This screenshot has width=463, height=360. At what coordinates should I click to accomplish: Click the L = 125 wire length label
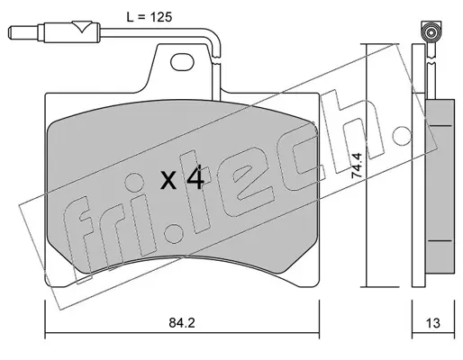click(x=150, y=17)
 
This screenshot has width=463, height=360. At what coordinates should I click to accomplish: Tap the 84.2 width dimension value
click(x=182, y=323)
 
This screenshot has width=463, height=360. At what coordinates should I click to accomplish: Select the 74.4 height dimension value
click(x=358, y=166)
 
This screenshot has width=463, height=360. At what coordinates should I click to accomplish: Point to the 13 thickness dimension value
click(x=432, y=323)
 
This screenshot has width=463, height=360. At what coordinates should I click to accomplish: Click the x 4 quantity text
click(x=182, y=180)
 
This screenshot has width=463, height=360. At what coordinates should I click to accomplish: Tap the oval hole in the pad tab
click(x=182, y=62)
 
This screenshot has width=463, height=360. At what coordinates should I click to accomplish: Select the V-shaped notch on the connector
click(x=82, y=26)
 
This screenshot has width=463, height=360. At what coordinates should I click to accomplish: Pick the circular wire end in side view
click(x=431, y=31)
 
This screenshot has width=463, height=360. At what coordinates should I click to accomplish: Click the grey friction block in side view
click(x=440, y=186)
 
